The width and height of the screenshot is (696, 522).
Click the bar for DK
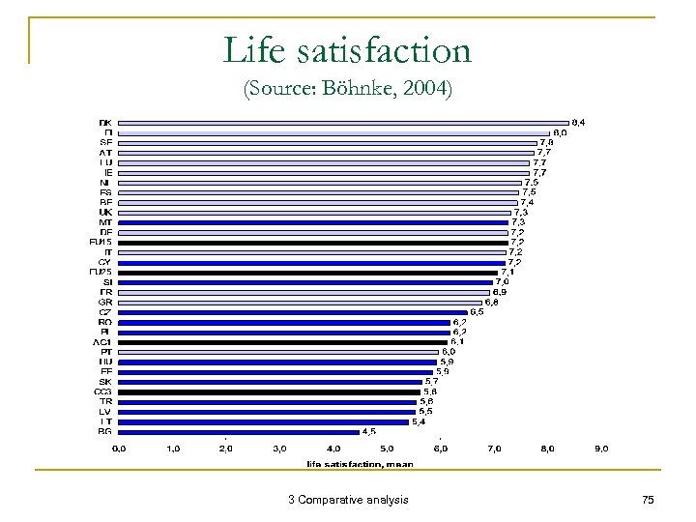[x=342, y=123]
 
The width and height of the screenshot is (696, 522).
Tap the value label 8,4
[x=578, y=122]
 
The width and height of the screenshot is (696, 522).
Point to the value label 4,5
[x=369, y=432]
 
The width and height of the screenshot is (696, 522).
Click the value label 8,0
[x=559, y=132]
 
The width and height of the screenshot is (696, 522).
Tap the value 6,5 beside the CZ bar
[x=476, y=311]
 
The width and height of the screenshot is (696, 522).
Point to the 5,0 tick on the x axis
[x=386, y=449]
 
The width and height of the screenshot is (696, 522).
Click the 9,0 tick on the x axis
[x=600, y=449]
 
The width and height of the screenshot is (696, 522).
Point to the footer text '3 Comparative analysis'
[x=348, y=500]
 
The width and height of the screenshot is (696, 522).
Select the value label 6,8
[x=491, y=302]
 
